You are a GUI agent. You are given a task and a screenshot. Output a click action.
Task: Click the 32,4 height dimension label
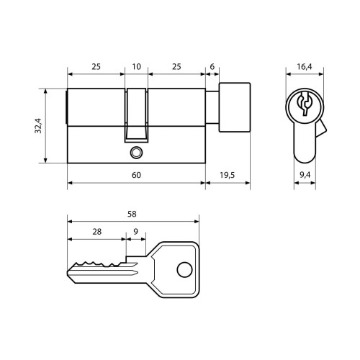pos(38,126)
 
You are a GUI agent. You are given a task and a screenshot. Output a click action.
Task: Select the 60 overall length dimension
pos(136,175)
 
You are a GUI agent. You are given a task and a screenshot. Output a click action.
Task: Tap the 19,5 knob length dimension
pos(227,175)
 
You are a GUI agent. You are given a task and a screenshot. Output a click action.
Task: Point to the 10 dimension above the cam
pos(136,66)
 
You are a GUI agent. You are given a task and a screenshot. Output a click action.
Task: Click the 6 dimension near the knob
pos(212,66)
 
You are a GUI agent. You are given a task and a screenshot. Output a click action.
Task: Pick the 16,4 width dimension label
pos(305,66)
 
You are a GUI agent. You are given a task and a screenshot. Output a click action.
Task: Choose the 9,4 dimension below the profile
pos(305,175)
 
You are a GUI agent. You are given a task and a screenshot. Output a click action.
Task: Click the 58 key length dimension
pos(132,214)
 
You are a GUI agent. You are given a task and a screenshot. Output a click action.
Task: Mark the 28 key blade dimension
pos(96,232)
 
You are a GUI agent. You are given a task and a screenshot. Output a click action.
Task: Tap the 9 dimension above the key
pos(136,232)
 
